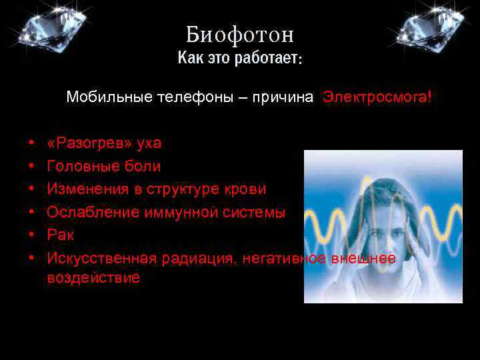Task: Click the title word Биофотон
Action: pyautogui.click(x=239, y=33)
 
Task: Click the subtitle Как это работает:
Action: pyautogui.click(x=240, y=59)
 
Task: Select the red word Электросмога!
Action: pyautogui.click(x=377, y=97)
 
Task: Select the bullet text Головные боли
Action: pyautogui.click(x=103, y=166)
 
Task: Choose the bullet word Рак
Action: pyautogui.click(x=61, y=235)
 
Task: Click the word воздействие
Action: pyautogui.click(x=93, y=278)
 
